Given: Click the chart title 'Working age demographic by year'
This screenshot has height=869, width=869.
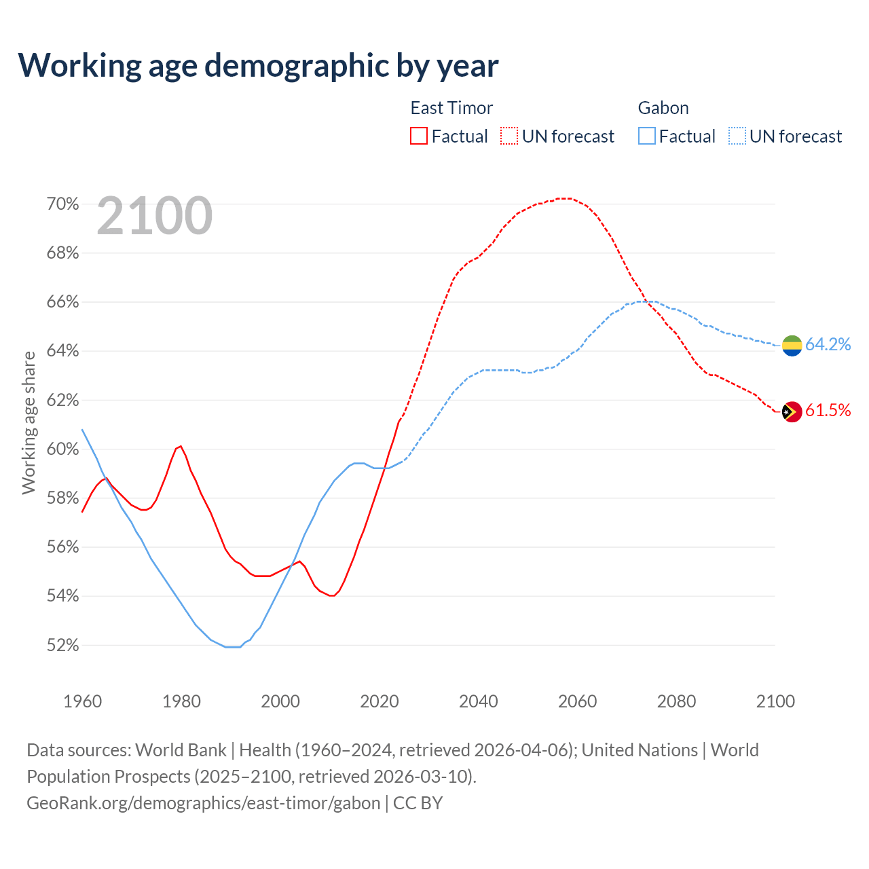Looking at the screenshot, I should click(258, 65).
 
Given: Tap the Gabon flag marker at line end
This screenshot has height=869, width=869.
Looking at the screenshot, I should click(792, 345).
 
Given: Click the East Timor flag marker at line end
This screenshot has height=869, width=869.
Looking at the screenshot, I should click(792, 411).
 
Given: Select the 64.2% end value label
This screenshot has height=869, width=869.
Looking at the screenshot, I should click(828, 345).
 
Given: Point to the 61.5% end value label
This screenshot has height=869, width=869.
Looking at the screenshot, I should click(828, 411).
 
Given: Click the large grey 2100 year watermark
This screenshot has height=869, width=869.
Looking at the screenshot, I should click(155, 216).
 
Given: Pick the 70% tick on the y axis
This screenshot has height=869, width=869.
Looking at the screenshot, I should click(62, 204).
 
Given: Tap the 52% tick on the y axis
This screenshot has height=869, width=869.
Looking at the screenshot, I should click(62, 646).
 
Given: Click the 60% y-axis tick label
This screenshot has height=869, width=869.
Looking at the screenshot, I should click(62, 449).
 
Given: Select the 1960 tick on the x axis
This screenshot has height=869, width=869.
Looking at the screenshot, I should click(83, 701).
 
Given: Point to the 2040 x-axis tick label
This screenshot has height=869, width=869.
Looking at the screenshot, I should click(479, 701).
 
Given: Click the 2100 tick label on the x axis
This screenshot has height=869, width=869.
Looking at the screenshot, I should click(775, 701).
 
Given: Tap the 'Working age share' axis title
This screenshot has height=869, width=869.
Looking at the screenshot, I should click(29, 422).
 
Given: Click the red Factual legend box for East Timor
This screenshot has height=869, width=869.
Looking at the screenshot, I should click(419, 136).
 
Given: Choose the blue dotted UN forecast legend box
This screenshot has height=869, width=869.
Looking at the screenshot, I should click(737, 136).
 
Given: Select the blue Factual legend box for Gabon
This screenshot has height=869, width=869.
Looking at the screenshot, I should click(647, 136).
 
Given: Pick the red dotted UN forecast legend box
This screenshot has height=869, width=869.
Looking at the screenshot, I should click(509, 136).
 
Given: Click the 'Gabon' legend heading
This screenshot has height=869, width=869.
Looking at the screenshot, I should click(663, 108).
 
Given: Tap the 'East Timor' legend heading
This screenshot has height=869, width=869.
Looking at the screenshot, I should click(451, 108).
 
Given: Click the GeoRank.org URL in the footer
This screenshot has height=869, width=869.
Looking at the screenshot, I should click(204, 803).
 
